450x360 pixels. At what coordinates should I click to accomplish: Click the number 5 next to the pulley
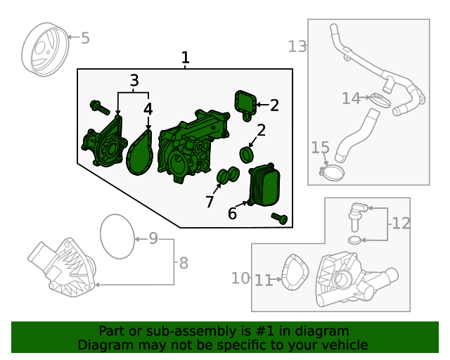pos(85,38)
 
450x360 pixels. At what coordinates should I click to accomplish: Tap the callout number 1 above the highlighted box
pos(185,57)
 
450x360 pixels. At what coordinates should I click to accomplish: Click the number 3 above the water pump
pos(134,81)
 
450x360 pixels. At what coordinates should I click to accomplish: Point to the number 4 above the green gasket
pos(148,109)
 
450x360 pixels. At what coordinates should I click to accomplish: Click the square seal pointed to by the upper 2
pos(245,103)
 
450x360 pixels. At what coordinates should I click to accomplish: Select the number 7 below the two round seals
pos(210,202)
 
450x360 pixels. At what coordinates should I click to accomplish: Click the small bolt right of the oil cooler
pos(281,219)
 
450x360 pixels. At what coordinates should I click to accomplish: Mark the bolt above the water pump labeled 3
pos(98,108)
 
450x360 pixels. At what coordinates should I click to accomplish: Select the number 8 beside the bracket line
pos(184,264)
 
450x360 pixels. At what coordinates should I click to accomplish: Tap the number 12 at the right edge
pos(401,224)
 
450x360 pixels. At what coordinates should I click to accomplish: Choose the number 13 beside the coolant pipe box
pos(297,46)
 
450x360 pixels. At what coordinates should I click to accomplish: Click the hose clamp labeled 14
pos(380,99)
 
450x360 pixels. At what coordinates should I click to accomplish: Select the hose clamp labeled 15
pos(333,172)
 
